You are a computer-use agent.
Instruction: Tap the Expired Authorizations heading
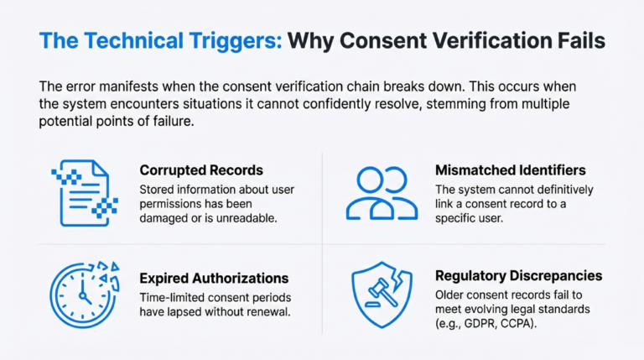[x=214, y=278]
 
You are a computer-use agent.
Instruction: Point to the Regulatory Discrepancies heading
[x=518, y=276]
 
